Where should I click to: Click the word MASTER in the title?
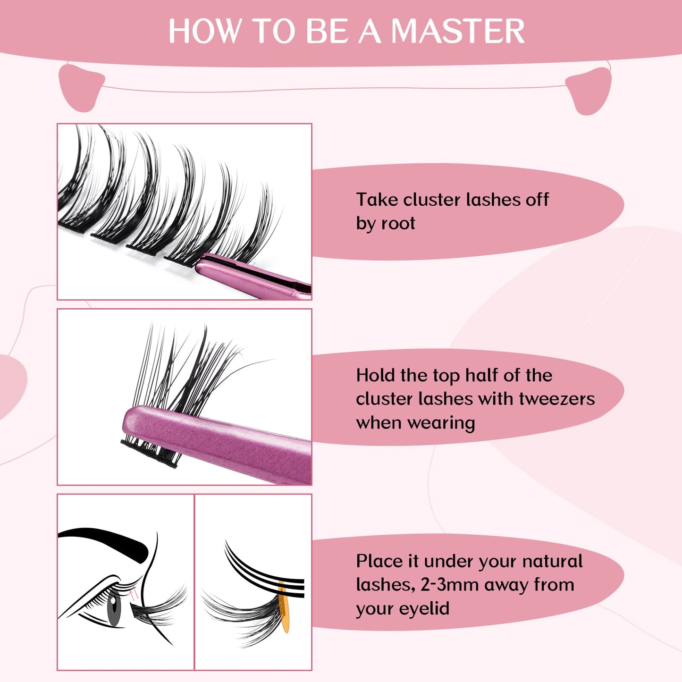click(x=457, y=32)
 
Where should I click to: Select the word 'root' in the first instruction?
click(x=399, y=223)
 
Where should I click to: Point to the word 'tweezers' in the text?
click(x=557, y=399)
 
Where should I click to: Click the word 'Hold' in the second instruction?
click(x=376, y=375)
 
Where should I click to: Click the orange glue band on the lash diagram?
click(x=284, y=609)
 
